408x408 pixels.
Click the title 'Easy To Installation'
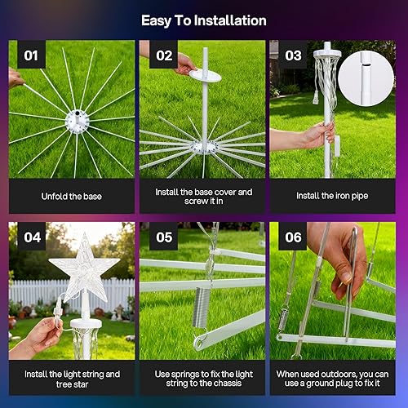click(x=203, y=20)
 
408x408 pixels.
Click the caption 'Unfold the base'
click(x=72, y=196)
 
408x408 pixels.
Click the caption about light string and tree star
click(x=72, y=379)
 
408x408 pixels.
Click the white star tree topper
click(x=84, y=268)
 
